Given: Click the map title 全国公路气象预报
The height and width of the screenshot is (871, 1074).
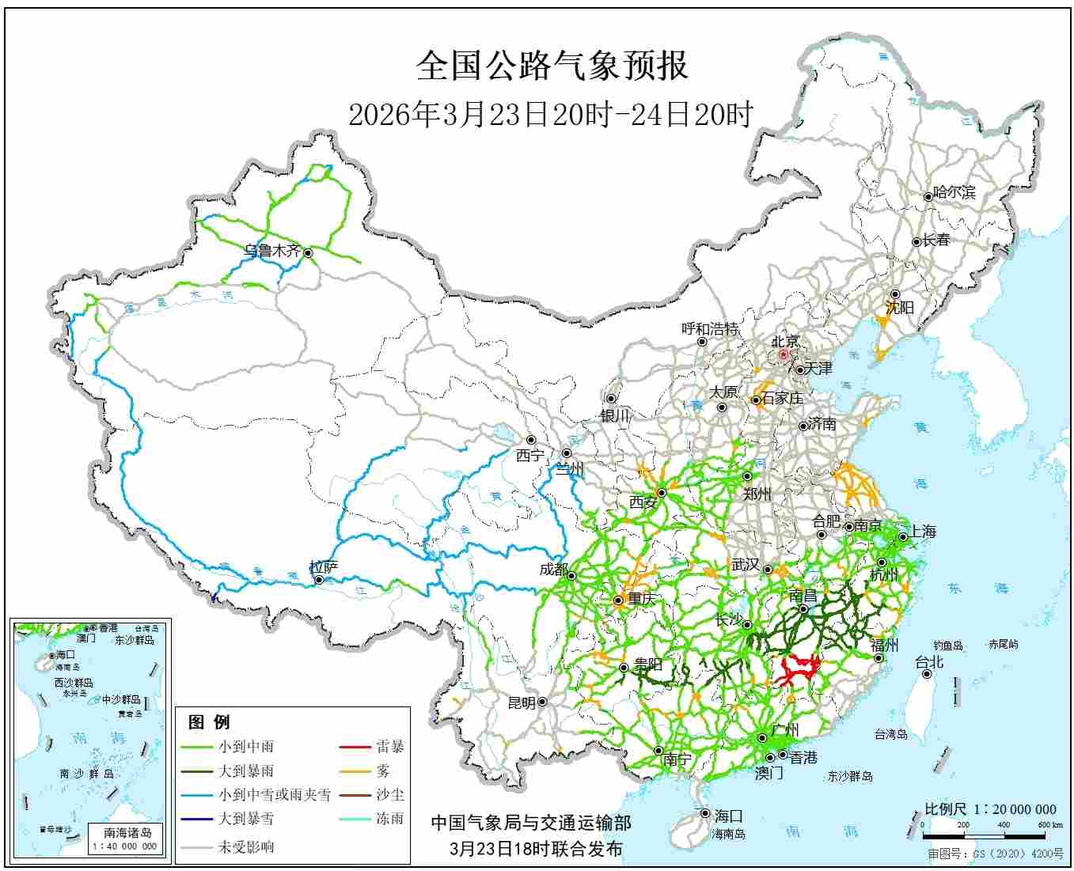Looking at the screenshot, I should point(552,66).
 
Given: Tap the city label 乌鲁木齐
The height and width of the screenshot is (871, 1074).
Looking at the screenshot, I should point(272,251).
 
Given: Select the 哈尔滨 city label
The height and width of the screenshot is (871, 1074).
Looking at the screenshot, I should point(954,192).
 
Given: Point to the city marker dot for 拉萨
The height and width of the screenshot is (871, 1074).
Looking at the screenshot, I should point(318,580).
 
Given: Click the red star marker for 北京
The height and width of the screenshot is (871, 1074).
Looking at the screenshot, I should point(784,355).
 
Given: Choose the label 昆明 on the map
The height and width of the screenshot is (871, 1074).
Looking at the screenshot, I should point(521,702).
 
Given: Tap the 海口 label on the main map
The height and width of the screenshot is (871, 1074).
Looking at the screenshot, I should point(728,816).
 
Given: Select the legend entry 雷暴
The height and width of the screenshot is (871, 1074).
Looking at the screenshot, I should point(389,746).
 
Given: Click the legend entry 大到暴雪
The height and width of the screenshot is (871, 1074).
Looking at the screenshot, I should point(246,819).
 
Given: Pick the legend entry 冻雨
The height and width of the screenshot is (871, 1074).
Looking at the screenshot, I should point(389,819).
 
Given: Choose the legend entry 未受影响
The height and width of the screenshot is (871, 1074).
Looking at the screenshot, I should point(246,846).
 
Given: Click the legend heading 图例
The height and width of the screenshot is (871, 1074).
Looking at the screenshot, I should point(209,721).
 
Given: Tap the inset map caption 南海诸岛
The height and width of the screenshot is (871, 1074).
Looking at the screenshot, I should point(127,832).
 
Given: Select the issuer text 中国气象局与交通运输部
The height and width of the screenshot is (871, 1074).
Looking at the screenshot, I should point(531,823).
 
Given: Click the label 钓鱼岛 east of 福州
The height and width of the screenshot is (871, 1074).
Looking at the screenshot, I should point(947,646).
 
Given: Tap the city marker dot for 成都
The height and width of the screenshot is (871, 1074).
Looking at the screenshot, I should point(571,575).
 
